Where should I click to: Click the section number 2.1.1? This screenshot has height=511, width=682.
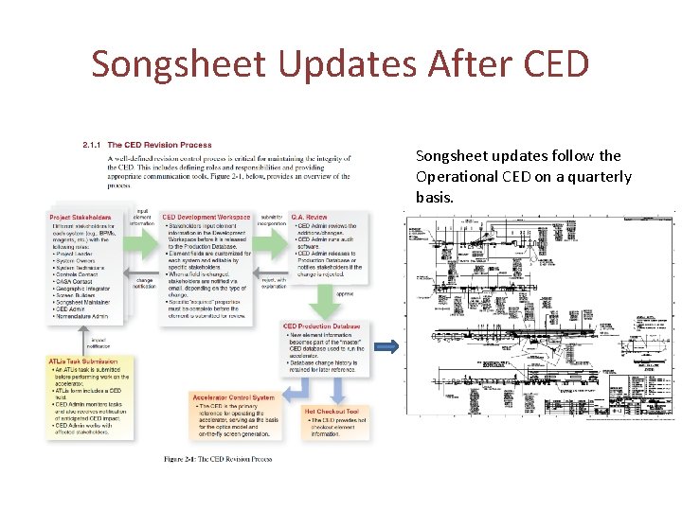pyautogui.click(x=94, y=145)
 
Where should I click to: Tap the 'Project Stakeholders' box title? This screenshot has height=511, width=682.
pyautogui.click(x=85, y=218)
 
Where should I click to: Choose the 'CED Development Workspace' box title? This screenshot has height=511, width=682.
pyautogui.click(x=207, y=218)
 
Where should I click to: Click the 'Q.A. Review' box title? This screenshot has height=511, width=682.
pyautogui.click(x=310, y=218)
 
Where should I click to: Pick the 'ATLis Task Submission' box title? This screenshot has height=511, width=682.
pyautogui.click(x=84, y=361)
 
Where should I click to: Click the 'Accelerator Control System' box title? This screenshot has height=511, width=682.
pyautogui.click(x=233, y=397)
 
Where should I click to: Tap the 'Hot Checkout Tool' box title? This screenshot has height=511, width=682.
pyautogui.click(x=332, y=412)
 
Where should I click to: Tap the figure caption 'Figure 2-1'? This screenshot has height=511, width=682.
pyautogui.click(x=218, y=459)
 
